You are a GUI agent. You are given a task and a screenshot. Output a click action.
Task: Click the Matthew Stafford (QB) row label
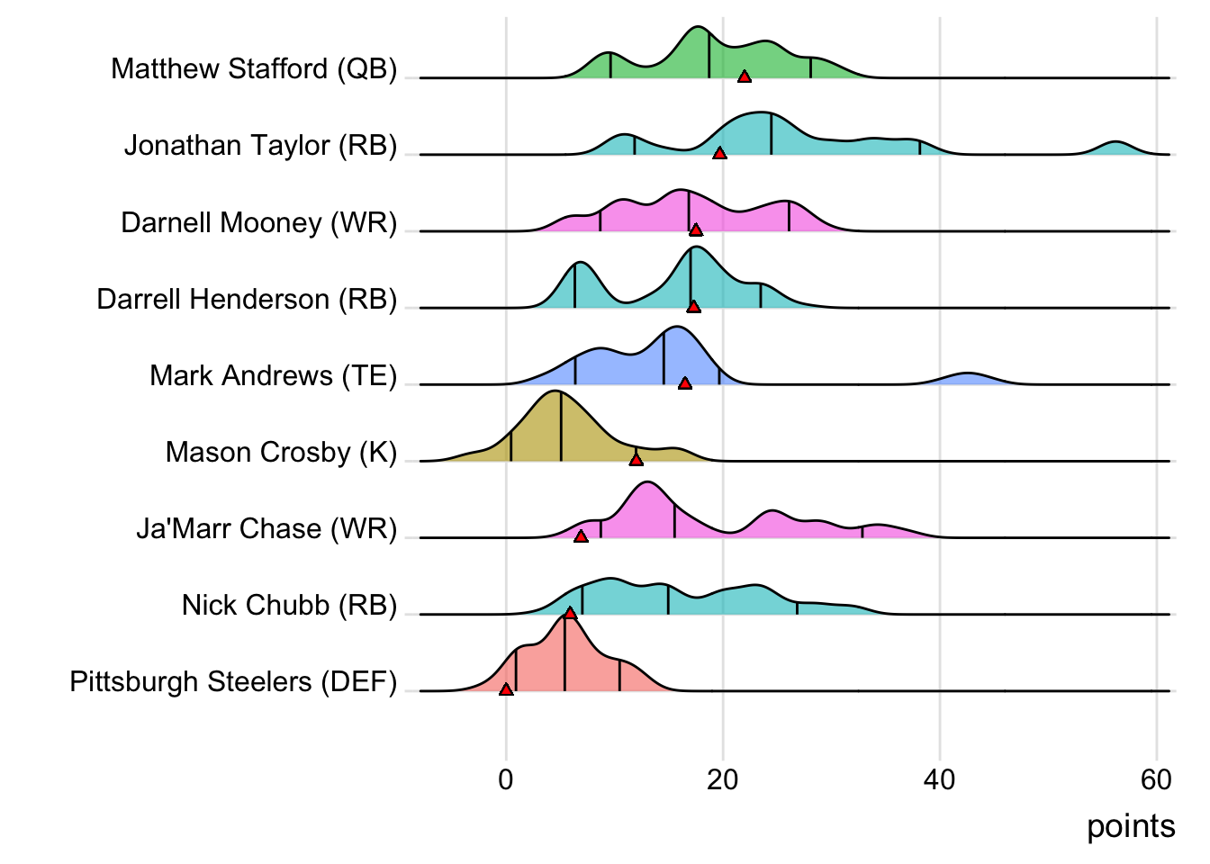(x=254, y=69)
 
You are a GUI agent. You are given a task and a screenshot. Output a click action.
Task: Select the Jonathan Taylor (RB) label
(x=260, y=146)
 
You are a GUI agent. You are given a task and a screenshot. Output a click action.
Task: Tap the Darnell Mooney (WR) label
(x=258, y=222)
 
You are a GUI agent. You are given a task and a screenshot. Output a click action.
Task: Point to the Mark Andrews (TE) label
(x=273, y=375)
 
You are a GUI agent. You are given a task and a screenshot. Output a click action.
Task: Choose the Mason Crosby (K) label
(x=281, y=452)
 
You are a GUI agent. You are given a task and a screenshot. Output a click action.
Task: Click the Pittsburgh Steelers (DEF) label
(x=233, y=681)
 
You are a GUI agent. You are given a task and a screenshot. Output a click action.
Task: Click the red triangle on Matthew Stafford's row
(x=745, y=77)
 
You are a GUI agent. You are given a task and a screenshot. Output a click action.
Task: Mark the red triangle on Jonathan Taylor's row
(x=719, y=154)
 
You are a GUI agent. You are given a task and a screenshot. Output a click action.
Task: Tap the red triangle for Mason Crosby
(x=637, y=460)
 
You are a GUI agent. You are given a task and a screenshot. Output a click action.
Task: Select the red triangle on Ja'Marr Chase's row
(x=581, y=536)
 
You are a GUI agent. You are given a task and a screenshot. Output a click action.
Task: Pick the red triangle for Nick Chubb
(x=570, y=613)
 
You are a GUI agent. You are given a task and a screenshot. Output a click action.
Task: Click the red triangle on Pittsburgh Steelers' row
(x=506, y=689)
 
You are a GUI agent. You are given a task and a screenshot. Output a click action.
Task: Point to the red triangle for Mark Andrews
(x=685, y=383)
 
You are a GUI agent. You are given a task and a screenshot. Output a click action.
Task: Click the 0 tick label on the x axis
(x=506, y=779)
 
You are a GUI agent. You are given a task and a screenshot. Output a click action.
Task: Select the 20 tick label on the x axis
(x=722, y=779)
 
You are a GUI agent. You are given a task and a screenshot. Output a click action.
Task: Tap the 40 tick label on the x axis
(x=939, y=779)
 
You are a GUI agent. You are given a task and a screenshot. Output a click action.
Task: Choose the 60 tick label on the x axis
(x=1156, y=779)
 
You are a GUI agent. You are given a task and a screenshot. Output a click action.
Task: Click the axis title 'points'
(x=1131, y=826)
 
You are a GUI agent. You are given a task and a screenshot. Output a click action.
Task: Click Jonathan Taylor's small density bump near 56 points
(x=1115, y=148)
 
